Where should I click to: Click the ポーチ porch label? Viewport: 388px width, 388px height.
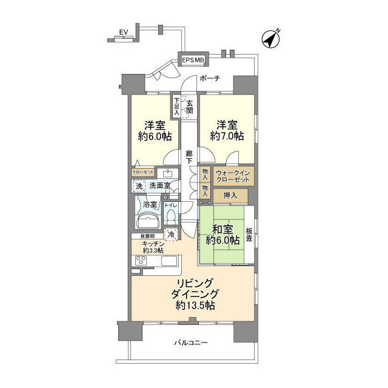tap(209, 78)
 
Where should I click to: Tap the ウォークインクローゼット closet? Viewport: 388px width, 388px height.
tap(232, 176)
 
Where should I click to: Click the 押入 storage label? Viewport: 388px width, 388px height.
tap(230, 195)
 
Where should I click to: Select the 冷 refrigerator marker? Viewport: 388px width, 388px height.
tap(172, 233)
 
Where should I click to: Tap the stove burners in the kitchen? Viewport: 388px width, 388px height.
tap(141, 261)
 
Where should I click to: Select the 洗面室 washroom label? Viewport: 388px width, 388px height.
tap(159, 185)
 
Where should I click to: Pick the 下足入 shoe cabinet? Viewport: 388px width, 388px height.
tap(176, 106)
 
